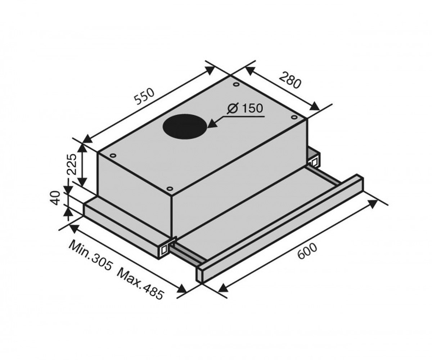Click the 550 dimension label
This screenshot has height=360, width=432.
(x=144, y=96)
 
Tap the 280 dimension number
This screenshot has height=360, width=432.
(x=290, y=80)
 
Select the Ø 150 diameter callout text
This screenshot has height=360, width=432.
(x=245, y=108)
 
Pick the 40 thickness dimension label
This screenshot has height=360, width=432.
(x=55, y=198)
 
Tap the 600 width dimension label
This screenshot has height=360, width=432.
(x=307, y=251)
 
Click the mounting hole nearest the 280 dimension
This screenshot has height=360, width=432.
(x=236, y=84)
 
